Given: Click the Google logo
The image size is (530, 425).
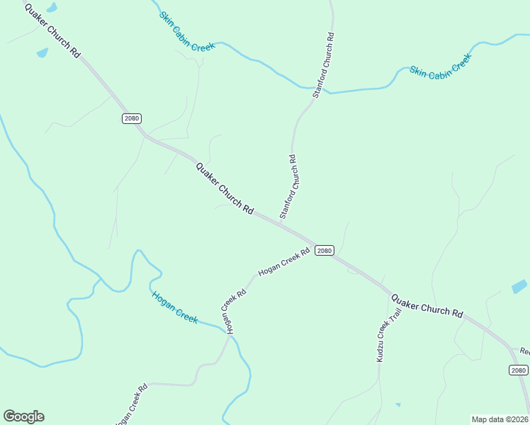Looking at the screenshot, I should (23, 416).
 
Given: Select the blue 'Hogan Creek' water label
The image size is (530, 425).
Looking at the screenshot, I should (174, 307).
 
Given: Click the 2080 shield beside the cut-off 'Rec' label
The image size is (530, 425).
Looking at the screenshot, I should (518, 370).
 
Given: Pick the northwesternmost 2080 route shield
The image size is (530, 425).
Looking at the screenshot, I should (131, 118).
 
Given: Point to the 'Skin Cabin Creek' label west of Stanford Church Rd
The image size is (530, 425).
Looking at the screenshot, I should (187, 30).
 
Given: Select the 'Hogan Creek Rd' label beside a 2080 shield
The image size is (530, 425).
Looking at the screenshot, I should (284, 262).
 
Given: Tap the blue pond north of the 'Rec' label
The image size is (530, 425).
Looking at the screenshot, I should (519, 287).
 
